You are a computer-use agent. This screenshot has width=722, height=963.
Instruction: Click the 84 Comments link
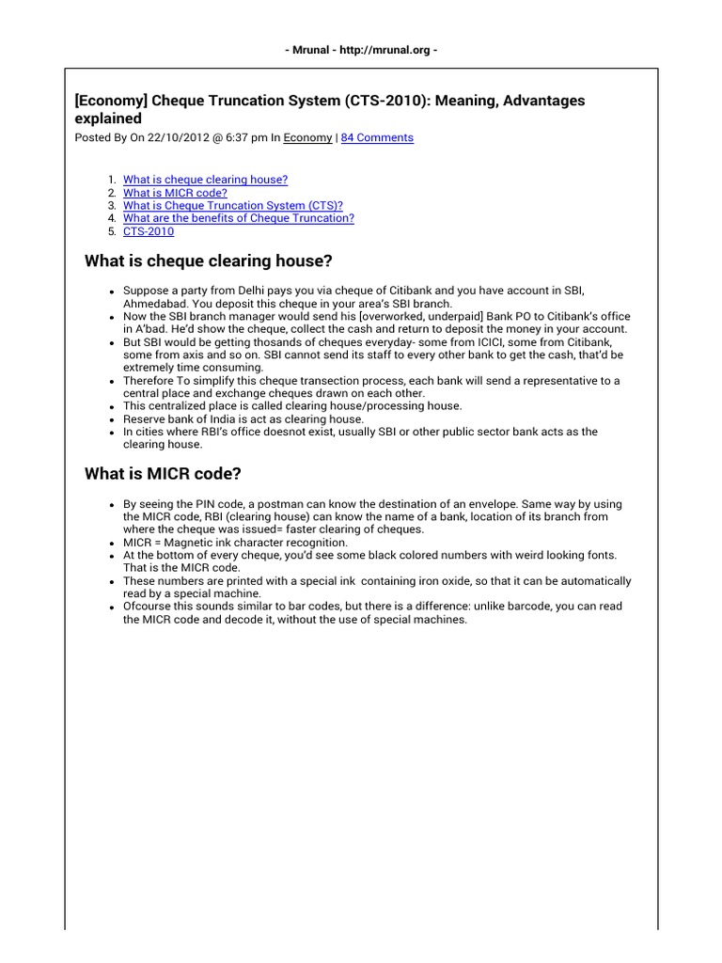(x=377, y=137)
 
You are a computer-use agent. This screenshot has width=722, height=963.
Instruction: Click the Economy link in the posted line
(x=307, y=137)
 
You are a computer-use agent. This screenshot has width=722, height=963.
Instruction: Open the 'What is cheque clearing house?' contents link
(x=205, y=179)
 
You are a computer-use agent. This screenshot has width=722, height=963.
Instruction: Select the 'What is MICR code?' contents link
(x=175, y=192)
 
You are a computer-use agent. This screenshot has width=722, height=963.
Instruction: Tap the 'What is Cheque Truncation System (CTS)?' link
(x=232, y=205)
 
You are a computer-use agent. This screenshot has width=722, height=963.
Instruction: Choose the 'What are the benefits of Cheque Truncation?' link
(x=239, y=218)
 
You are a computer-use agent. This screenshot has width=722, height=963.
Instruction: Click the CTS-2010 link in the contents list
(x=149, y=231)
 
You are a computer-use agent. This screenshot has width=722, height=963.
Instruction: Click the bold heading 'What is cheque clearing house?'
(x=209, y=260)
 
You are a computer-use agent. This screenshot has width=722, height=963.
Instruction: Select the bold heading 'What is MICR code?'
(x=169, y=474)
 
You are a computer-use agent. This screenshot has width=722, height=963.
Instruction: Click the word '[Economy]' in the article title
(x=111, y=100)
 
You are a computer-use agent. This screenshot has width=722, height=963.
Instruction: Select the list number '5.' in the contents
(x=112, y=231)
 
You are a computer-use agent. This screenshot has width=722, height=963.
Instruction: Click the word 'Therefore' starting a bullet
(x=149, y=380)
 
